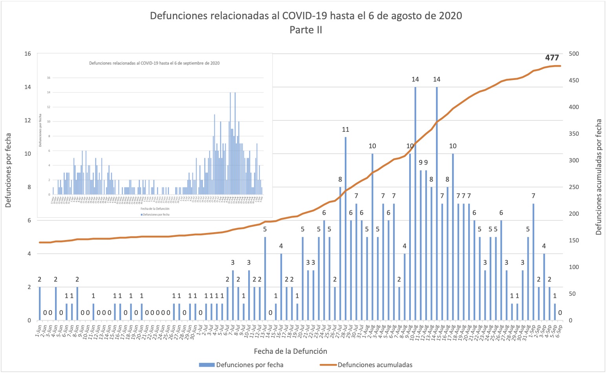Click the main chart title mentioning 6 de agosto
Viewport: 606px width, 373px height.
click(x=306, y=16)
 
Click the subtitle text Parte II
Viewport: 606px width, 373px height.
click(x=306, y=30)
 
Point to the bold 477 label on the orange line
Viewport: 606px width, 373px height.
click(x=552, y=58)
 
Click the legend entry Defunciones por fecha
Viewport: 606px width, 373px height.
click(x=241, y=365)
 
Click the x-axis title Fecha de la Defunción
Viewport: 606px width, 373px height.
click(x=290, y=351)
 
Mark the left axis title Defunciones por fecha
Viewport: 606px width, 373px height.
click(x=8, y=170)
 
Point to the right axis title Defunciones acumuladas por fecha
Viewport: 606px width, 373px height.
click(x=599, y=177)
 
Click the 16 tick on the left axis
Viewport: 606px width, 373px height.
click(x=27, y=54)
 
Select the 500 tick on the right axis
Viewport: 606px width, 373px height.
click(x=573, y=54)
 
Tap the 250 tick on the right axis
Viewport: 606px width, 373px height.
click(x=573, y=187)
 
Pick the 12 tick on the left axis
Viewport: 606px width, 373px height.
click(x=27, y=120)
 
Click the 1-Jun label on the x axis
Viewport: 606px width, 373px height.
click(x=38, y=329)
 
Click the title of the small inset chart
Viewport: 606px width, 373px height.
click(x=154, y=63)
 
